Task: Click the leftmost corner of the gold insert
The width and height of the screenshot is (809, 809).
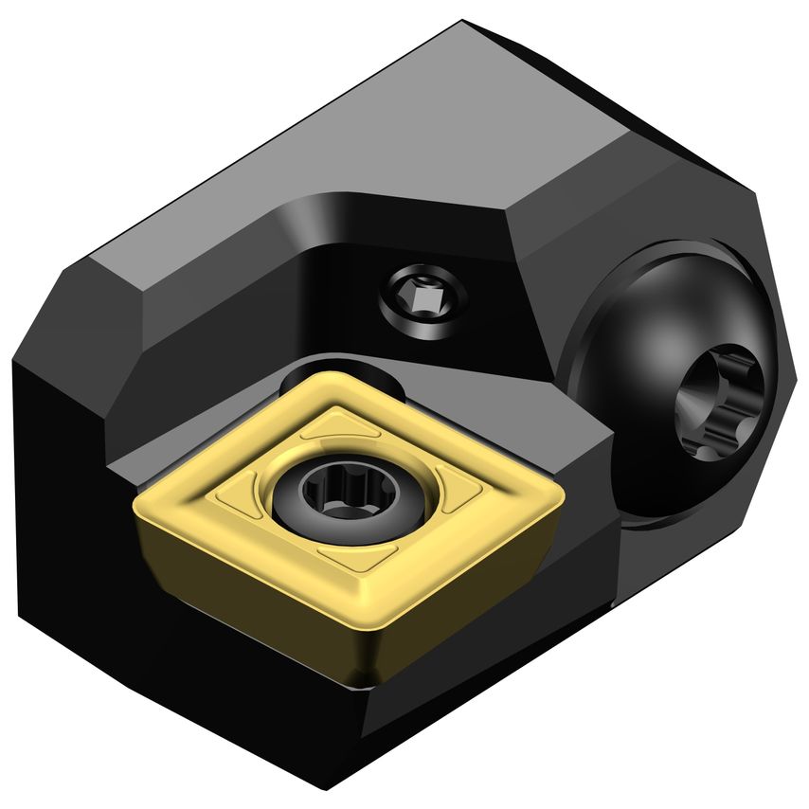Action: click(x=138, y=500)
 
